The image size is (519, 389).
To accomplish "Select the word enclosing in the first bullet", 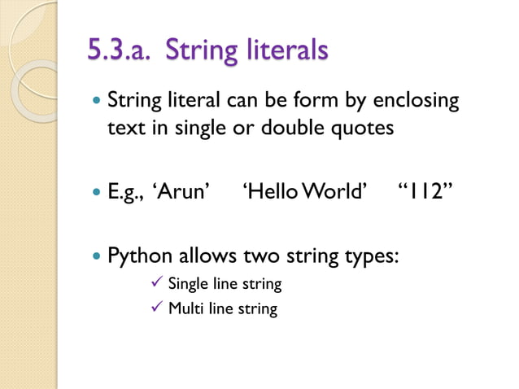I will [417, 103].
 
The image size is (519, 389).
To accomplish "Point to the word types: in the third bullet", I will [366, 256].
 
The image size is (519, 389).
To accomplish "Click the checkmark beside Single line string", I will [159, 283].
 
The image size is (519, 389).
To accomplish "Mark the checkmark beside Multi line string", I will [159, 308].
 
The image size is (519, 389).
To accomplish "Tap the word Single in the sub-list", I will [186, 285].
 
